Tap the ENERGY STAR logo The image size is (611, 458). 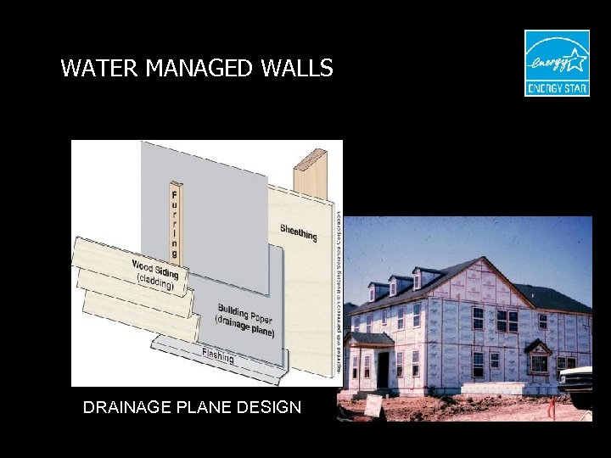coord(556,63)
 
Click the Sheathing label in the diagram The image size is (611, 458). coord(299,232)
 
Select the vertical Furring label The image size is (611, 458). coord(174,219)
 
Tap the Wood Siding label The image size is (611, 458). coord(154,270)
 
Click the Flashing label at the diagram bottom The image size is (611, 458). coord(217,356)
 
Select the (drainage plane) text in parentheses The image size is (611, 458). coord(244,327)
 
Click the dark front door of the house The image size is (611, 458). coord(383,370)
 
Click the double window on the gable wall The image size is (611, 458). coord(507,321)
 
